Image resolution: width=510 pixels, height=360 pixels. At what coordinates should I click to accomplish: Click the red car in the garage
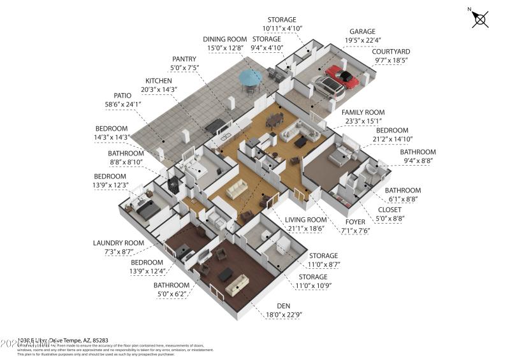coord(343,77)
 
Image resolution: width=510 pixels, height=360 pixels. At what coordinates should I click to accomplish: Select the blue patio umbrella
coord(250,78)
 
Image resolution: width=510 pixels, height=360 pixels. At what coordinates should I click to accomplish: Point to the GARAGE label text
coord(362,31)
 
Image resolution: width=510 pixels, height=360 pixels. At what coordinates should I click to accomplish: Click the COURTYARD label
coord(390,52)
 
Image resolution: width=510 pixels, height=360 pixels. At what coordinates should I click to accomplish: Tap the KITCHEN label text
coord(159,81)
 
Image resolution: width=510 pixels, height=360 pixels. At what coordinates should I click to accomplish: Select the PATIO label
coord(108,95)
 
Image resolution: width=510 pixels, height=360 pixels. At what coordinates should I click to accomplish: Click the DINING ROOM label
coord(224,39)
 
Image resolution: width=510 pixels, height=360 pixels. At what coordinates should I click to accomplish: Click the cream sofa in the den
coord(237,285)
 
